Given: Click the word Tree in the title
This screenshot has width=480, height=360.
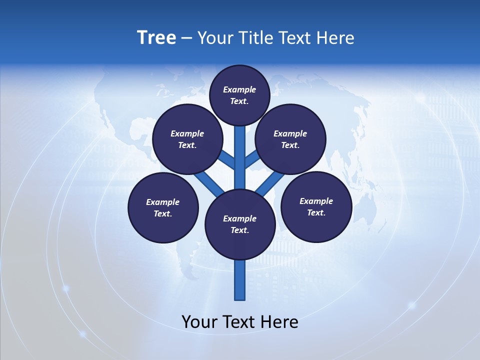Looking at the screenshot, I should click(156, 37).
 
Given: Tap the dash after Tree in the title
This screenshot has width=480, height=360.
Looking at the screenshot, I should click(187, 38).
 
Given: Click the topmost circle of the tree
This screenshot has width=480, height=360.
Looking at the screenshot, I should click(239, 95).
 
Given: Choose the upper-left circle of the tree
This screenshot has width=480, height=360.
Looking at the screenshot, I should click(187, 139).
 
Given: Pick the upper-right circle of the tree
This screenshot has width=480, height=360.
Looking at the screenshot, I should click(290, 139).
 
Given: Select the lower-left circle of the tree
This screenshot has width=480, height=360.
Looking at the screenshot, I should click(163, 207).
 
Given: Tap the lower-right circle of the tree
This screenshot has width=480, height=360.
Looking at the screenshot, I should click(316, 206).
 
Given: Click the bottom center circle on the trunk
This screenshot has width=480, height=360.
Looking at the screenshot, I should click(240, 224).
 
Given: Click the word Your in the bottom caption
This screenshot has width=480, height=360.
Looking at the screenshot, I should click(199, 322).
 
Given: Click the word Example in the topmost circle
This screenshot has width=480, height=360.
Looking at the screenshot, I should click(239, 89).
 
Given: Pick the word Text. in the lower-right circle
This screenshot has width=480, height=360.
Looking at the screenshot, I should click(316, 212).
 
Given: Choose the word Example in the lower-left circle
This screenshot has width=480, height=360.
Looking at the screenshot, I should click(163, 202).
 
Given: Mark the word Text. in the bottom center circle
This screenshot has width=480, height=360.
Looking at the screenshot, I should click(240, 230).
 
